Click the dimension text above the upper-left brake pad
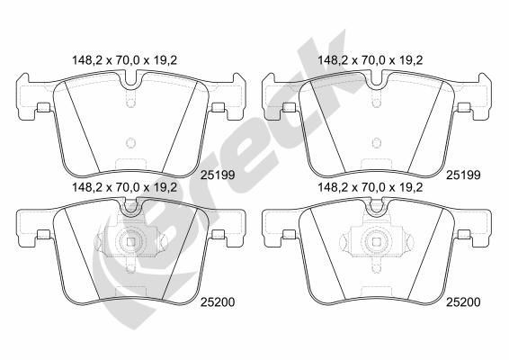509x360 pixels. pos(126,61)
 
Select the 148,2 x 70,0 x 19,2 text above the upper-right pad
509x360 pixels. pos(369,61)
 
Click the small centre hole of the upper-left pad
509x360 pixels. pos(131,141)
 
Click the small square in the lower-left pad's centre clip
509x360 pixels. pos(131,241)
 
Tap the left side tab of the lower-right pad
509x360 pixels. pos(287,236)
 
